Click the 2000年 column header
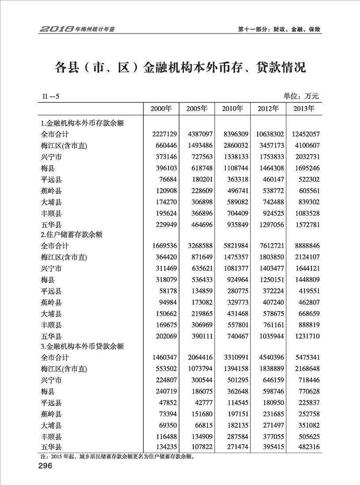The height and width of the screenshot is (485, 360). (x=161, y=109)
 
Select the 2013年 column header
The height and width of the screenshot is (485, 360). (x=304, y=109)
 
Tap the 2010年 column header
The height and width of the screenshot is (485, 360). (x=232, y=109)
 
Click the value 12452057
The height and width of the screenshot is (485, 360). (x=302, y=133)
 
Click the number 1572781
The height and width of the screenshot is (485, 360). (x=304, y=226)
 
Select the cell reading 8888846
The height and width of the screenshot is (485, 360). (x=304, y=245)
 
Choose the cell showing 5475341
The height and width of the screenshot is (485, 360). (x=304, y=357)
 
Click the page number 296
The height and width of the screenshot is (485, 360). (x=45, y=466)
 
